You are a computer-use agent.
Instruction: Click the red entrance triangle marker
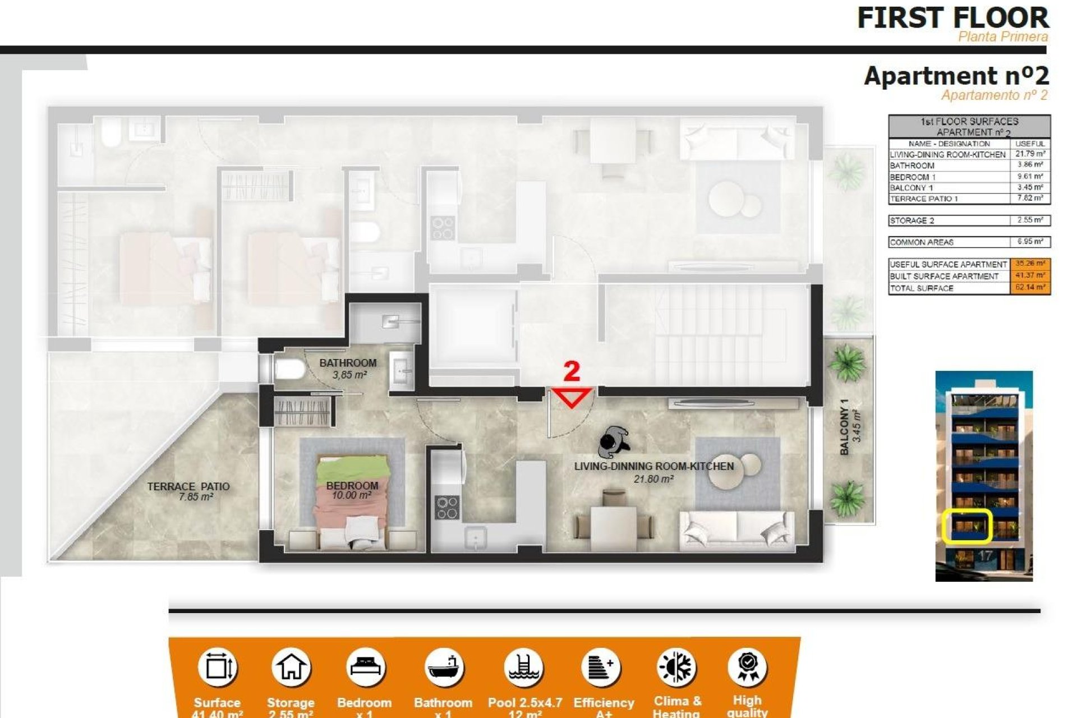(x=572, y=397)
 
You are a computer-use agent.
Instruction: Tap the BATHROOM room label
(x=348, y=363)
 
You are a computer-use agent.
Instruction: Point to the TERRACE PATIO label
(x=188, y=487)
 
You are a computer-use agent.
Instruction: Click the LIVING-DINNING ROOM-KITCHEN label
(x=653, y=466)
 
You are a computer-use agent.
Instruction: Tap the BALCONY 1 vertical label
(x=845, y=427)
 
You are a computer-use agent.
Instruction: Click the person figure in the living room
(x=613, y=441)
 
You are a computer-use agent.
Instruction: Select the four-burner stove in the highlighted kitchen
(x=447, y=507)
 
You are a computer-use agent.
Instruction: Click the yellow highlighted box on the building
(x=967, y=526)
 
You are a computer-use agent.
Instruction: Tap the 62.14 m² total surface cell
(x=1030, y=288)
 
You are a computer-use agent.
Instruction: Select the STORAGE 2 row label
(x=912, y=220)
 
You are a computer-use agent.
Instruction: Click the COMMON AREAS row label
(x=922, y=242)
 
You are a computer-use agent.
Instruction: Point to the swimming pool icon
(x=523, y=668)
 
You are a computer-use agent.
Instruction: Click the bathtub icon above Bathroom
(x=444, y=668)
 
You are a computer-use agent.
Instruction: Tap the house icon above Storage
(x=291, y=668)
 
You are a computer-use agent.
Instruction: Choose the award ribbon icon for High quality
(x=747, y=666)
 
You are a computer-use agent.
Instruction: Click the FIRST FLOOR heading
(x=952, y=18)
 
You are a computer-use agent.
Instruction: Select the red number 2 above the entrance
(x=571, y=371)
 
